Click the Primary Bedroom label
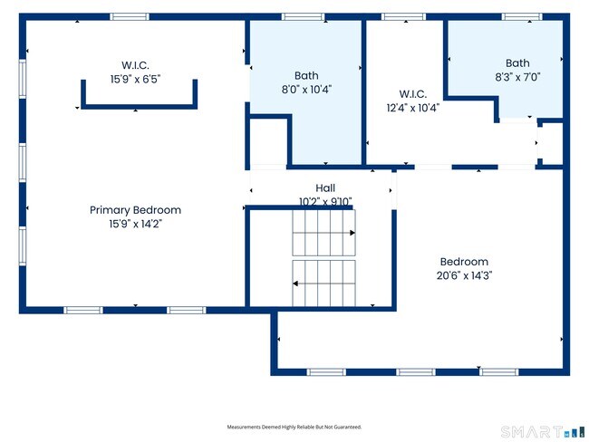point(135,210)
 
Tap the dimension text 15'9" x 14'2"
point(135,224)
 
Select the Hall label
point(325,187)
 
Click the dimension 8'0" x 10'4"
point(306,90)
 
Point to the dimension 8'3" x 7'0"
point(517,77)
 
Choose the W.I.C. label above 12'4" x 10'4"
point(413,94)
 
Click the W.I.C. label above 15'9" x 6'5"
point(135,65)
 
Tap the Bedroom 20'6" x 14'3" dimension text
point(464,275)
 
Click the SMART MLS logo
point(543,432)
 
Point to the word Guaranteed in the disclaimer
point(351,427)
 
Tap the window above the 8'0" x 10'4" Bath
point(304,17)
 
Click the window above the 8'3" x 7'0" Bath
point(522,17)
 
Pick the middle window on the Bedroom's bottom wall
point(416,372)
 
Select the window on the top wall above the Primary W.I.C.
point(130,17)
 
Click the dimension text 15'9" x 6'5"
point(135,79)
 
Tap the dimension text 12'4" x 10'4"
point(413,108)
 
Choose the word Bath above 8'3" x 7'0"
point(517,63)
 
